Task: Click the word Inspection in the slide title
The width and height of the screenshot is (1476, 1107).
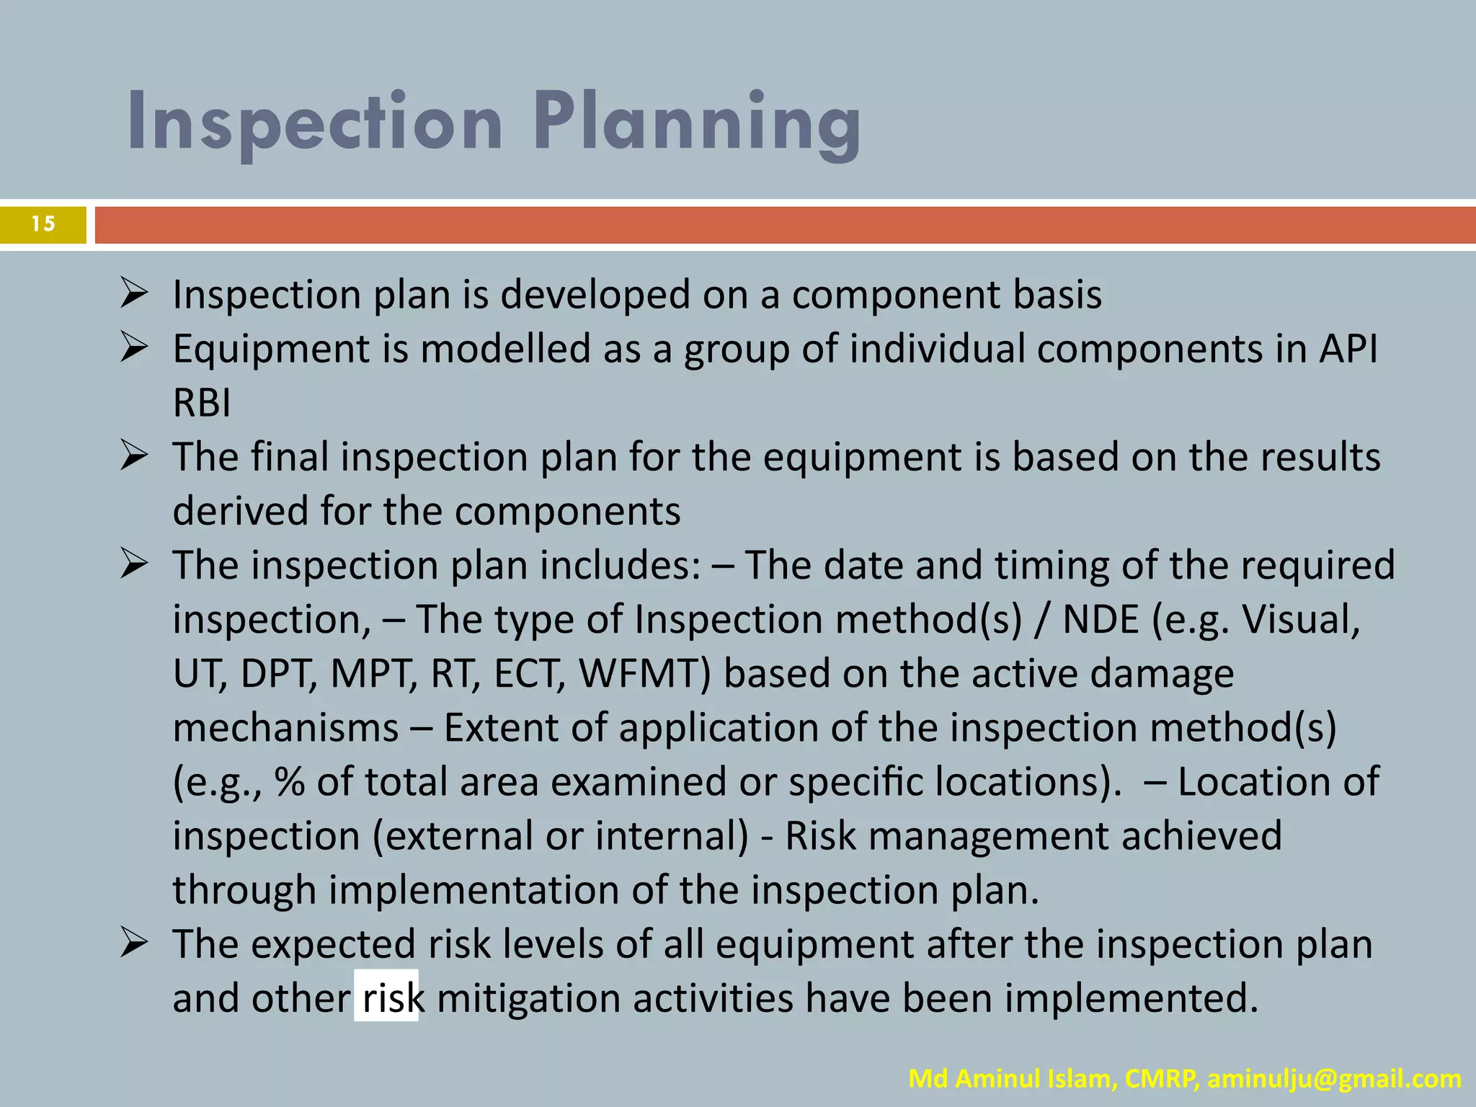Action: point(315,123)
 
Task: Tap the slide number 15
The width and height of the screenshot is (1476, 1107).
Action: point(43,224)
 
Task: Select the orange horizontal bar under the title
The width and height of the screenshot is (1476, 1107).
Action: point(784,225)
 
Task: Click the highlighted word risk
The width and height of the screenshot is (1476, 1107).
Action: point(387,997)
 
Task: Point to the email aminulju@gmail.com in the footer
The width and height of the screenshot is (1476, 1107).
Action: point(1334,1079)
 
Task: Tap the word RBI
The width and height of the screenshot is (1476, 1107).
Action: point(202,402)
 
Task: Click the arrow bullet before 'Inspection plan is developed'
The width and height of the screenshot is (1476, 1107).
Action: point(134,295)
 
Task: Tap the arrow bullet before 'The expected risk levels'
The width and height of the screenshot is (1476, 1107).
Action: point(134,944)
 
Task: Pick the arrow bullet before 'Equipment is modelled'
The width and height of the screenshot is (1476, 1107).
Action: point(134,349)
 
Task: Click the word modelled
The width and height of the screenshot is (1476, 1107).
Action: point(506,349)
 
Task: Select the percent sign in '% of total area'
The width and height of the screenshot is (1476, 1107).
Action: point(289,782)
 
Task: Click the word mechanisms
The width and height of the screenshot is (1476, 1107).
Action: point(285,728)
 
